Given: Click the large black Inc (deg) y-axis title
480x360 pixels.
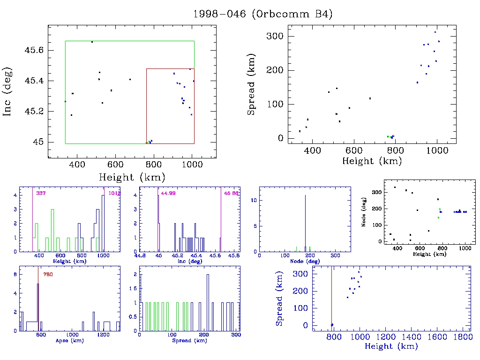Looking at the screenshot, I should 7,92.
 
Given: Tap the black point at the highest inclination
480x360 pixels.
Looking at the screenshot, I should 92,42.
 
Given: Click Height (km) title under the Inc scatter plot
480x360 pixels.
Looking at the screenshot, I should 132,177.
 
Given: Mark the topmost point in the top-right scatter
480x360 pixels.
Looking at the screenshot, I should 435,32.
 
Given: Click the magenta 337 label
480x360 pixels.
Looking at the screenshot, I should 41,193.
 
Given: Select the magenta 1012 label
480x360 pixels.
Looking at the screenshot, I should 114,193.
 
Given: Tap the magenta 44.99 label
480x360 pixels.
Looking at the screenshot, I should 168,193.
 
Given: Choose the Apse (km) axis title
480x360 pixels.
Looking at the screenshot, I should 69,340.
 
